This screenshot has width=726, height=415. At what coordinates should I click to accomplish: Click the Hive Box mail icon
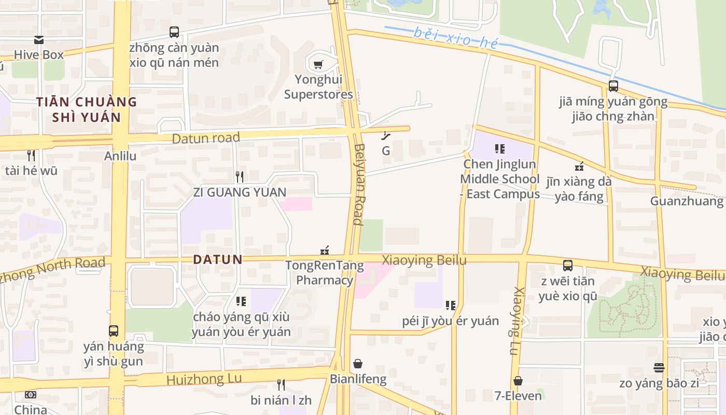[39, 40]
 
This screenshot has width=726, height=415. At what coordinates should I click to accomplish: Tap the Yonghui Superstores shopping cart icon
[318, 65]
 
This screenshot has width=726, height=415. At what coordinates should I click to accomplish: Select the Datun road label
[206, 138]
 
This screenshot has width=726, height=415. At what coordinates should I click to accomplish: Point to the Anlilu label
[120, 156]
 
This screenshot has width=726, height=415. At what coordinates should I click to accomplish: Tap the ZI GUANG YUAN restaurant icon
[240, 177]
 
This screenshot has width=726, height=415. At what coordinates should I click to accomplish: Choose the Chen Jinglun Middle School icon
[500, 149]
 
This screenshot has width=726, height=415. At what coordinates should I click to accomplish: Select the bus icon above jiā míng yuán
[613, 86]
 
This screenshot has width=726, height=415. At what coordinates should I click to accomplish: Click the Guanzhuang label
[687, 201]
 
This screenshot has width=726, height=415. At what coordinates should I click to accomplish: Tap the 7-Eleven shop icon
[518, 381]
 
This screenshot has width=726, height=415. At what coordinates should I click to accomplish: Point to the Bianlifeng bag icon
[358, 364]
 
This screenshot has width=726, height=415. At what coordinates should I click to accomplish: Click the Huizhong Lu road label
[204, 379]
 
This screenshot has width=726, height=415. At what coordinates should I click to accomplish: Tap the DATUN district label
[218, 259]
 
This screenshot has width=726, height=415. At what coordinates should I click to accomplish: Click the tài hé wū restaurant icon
[31, 155]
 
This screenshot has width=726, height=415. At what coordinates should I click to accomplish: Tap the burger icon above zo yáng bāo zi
[659, 368]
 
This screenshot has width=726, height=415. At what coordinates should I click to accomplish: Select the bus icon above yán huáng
[114, 330]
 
